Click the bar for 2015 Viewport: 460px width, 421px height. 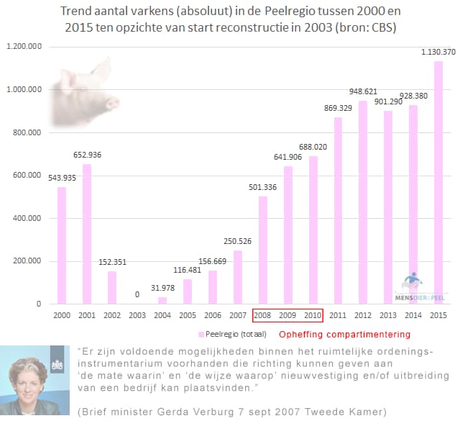tap(438, 183)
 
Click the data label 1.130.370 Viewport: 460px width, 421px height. tap(438, 52)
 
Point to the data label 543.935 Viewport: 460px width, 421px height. tap(60, 177)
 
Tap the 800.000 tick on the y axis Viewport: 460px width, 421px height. tap(27, 132)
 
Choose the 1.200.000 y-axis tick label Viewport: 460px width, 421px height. tap(24, 47)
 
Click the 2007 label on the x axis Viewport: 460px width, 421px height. tap(237, 315)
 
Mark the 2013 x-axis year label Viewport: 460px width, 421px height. tap(388, 315)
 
